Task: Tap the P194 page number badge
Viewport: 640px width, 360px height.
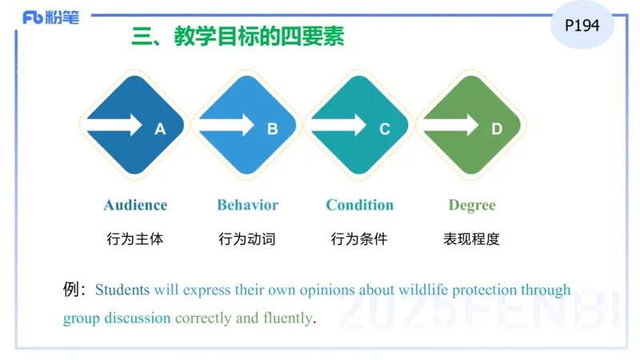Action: (x=582, y=26)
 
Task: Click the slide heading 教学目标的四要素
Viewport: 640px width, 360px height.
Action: (x=238, y=37)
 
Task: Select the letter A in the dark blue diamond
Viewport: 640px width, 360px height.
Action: (x=160, y=128)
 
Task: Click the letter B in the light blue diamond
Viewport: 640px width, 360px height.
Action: (x=272, y=128)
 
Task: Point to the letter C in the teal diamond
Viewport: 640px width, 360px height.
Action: (x=385, y=128)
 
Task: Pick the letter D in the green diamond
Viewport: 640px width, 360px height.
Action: (x=497, y=128)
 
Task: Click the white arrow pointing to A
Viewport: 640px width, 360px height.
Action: (x=115, y=125)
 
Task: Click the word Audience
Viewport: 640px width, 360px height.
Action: (x=135, y=205)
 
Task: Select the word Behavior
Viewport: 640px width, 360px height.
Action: (x=247, y=205)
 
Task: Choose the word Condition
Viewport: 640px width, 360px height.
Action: (x=359, y=205)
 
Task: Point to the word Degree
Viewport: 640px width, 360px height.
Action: (x=471, y=206)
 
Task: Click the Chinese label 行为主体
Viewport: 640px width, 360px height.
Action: (x=134, y=238)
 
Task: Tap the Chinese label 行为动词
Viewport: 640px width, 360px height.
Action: (x=247, y=238)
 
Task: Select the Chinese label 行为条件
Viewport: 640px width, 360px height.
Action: (x=359, y=238)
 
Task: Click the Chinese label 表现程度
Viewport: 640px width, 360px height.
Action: (x=471, y=238)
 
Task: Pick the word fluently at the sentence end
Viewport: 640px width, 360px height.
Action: (x=287, y=318)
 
